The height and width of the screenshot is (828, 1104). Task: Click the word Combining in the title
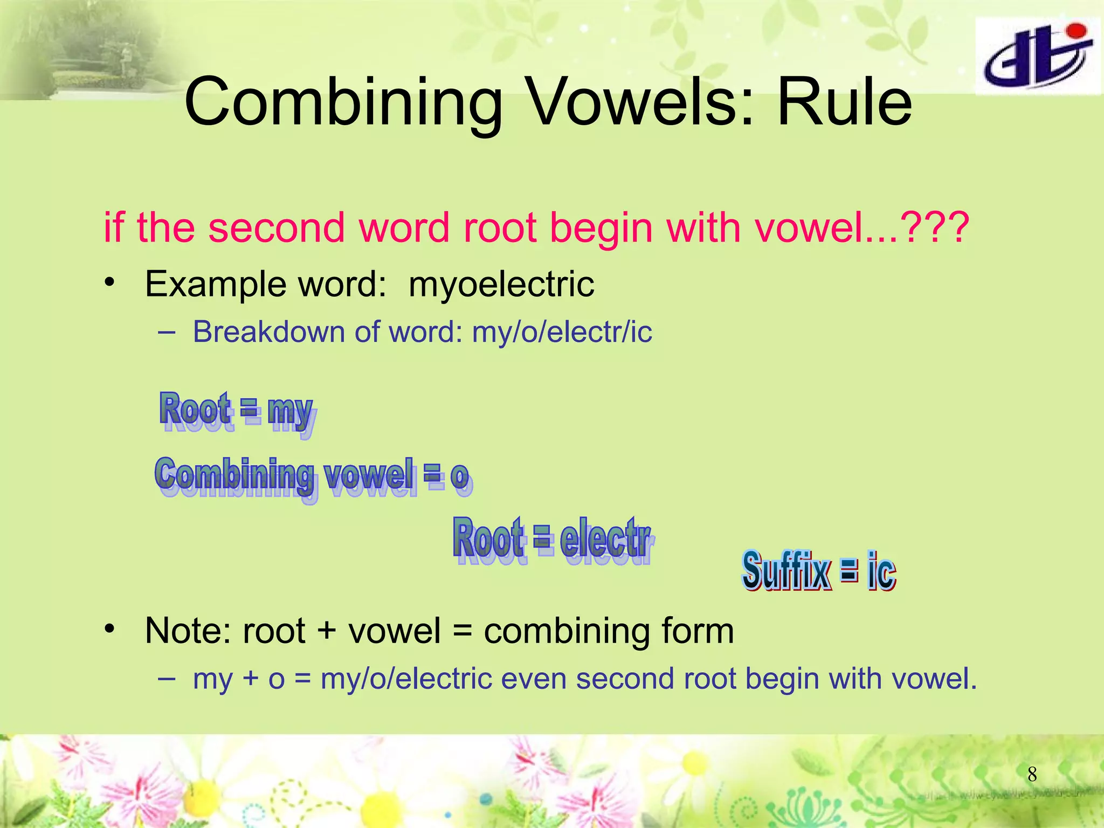pos(343,102)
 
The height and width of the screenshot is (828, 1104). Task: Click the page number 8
pos(1032,775)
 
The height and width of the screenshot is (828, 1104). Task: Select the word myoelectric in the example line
pos(501,284)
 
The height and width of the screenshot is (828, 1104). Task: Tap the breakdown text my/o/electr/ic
pos(562,332)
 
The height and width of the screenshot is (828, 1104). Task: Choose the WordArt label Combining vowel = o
pos(313,477)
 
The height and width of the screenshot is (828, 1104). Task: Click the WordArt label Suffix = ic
pos(818,571)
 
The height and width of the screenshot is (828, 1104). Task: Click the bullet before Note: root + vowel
pos(111,629)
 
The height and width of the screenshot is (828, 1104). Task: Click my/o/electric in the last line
pos(406,679)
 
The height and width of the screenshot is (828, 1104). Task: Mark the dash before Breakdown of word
pos(167,332)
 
